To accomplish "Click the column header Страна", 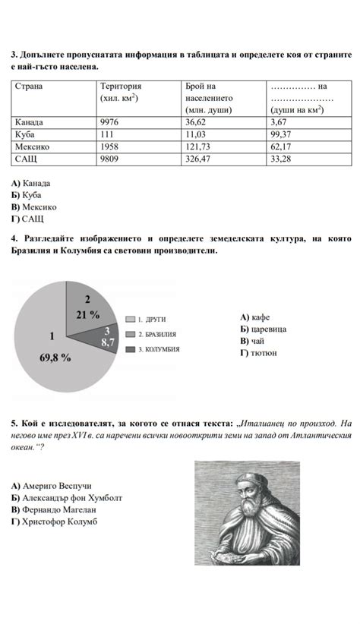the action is pyautogui.click(x=29, y=87).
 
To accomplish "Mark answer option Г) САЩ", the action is pyautogui.click(x=27, y=219).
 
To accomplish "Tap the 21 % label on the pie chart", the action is pyautogui.click(x=88, y=314).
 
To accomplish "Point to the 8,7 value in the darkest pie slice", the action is pyautogui.click(x=108, y=342).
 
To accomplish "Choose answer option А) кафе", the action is pyautogui.click(x=254, y=317).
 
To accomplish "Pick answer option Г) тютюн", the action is pyautogui.click(x=258, y=352).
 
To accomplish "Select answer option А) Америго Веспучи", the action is pyautogui.click(x=52, y=485).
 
